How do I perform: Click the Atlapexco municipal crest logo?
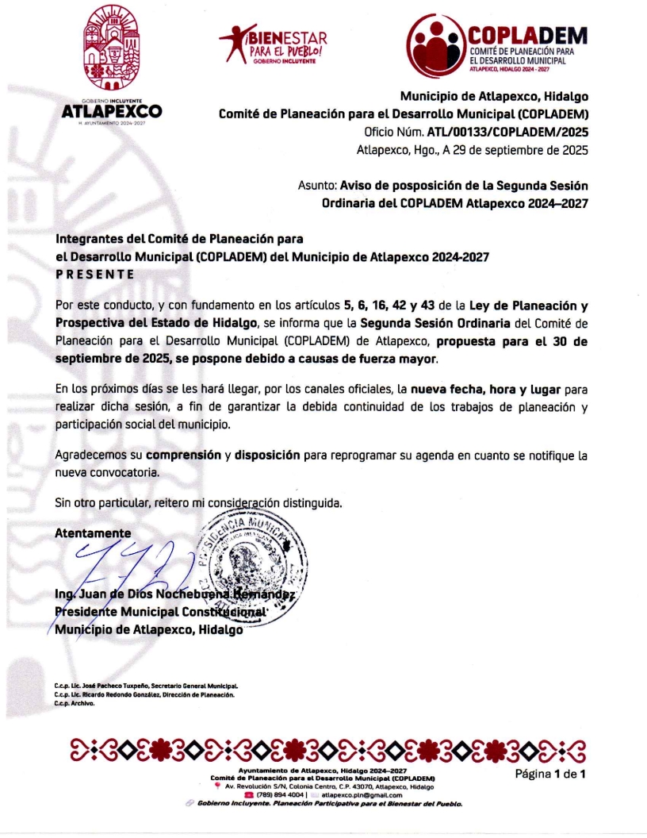(x=112, y=63)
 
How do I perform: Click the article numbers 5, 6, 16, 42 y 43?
(x=392, y=306)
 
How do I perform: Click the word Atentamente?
(x=93, y=533)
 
